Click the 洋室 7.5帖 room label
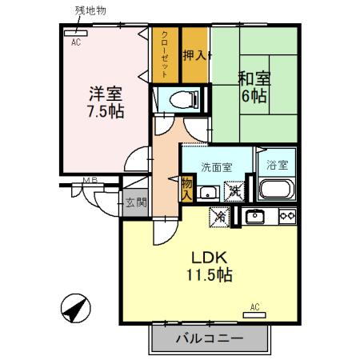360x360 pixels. [x=106, y=102]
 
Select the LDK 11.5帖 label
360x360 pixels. [x=210, y=266]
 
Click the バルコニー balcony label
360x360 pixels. [x=209, y=338]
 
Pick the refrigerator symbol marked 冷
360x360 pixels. [x=219, y=216]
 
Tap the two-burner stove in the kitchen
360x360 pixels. [x=286, y=216]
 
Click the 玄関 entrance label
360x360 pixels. [x=135, y=202]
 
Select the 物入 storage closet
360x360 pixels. [x=186, y=189]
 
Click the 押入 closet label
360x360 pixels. [x=194, y=55]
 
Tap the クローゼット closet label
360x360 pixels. [x=164, y=54]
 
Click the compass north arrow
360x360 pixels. [x=74, y=309]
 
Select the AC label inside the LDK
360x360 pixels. [x=255, y=306]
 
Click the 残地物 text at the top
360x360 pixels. [x=90, y=10]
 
